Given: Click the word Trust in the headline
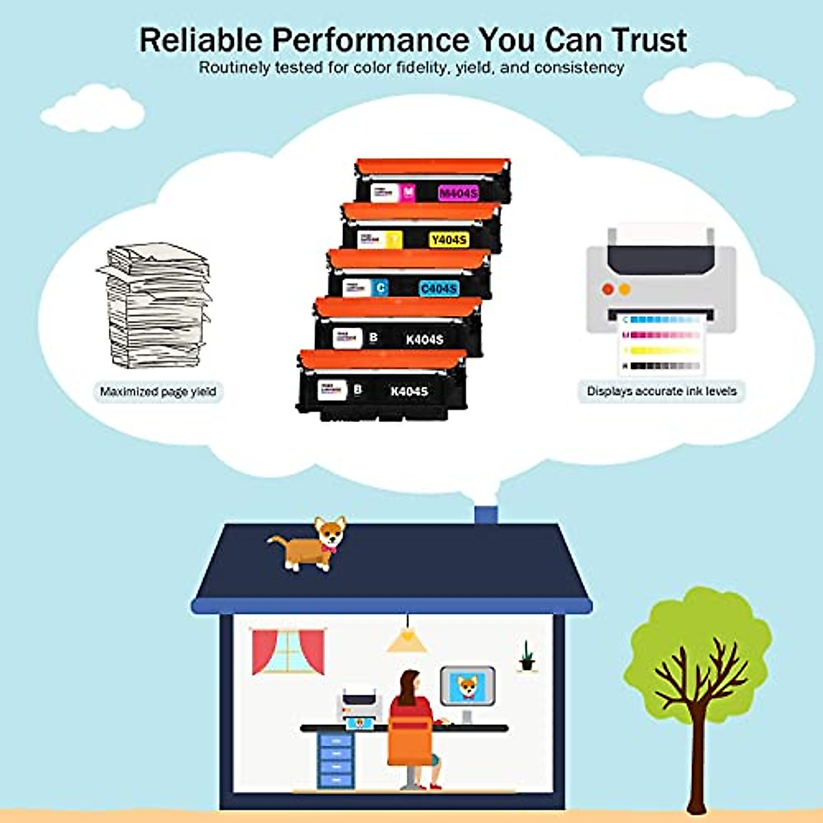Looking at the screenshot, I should (649, 40).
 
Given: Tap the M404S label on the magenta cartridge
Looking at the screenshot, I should (458, 193).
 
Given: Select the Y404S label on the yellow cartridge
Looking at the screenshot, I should (449, 239).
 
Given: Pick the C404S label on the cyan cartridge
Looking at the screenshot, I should (438, 289).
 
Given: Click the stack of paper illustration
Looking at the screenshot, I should (156, 305).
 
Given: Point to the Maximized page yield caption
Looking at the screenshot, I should (158, 392).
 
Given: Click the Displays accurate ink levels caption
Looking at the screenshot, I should (661, 391).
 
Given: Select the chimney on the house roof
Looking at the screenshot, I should (486, 514).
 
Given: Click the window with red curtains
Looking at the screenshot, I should (287, 651).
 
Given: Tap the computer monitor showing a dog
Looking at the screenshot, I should (467, 687).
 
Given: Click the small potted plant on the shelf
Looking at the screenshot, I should (526, 657).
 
